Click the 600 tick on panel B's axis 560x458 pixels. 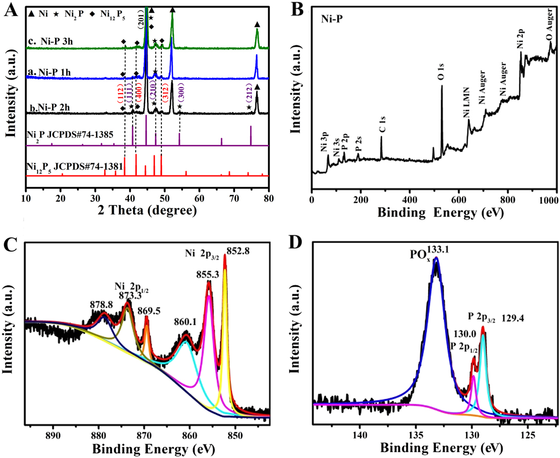click(x=459, y=199)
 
